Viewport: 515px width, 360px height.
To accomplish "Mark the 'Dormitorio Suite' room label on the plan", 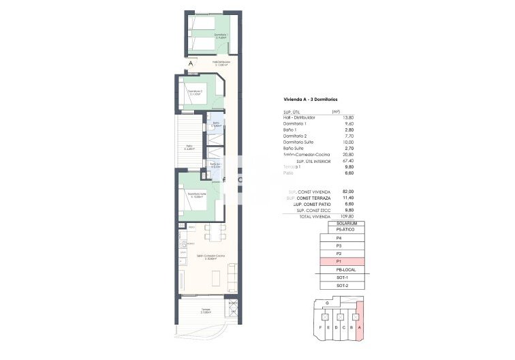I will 198,195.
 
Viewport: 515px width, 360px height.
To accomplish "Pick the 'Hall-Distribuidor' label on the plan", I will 221,62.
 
